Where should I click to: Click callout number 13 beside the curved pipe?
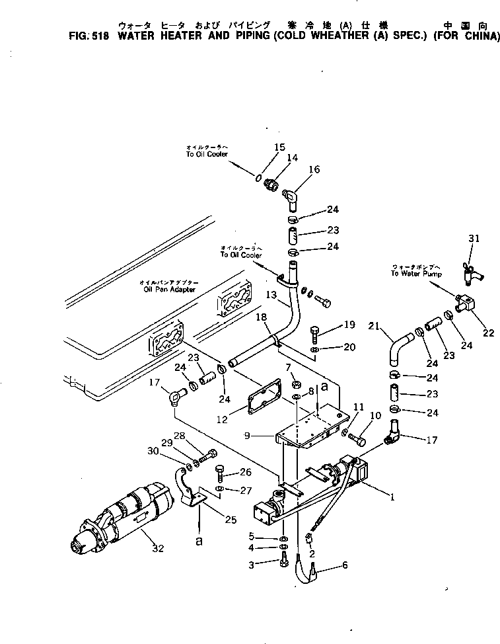(x=271, y=294)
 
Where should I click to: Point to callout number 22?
(x=488, y=333)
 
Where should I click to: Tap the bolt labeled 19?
(x=314, y=330)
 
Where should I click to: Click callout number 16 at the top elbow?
(x=314, y=170)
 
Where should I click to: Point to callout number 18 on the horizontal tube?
(x=262, y=318)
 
